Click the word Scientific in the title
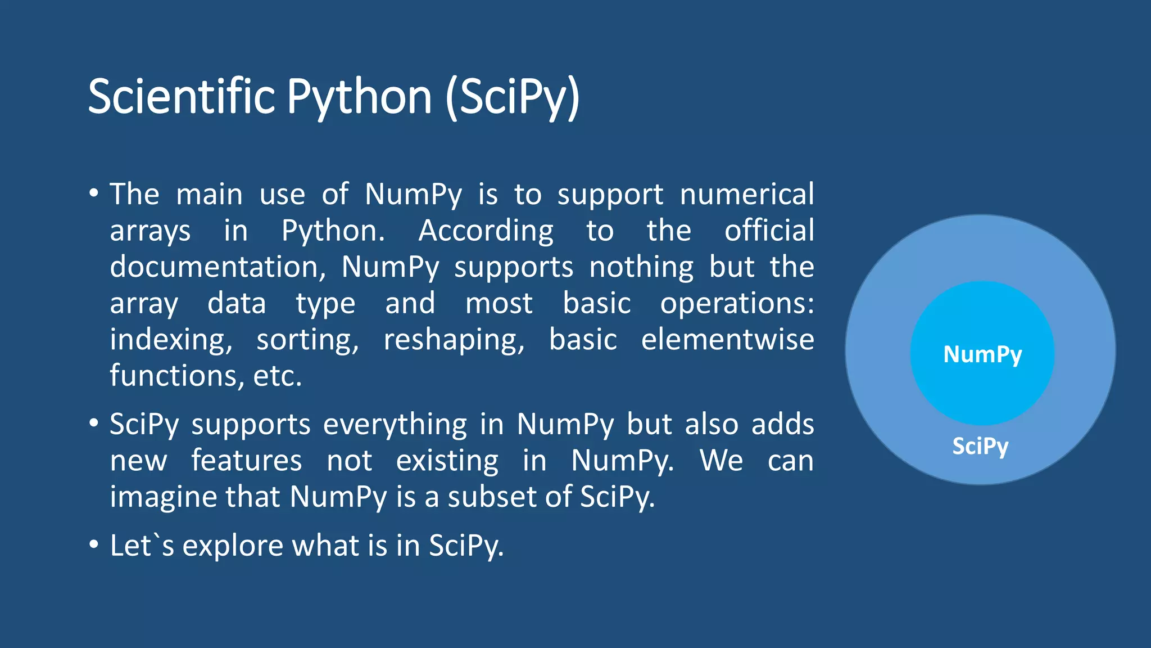(x=181, y=97)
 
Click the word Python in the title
(x=359, y=97)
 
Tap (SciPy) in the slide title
(x=512, y=97)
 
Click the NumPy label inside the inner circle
(x=982, y=354)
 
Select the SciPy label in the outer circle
(x=980, y=446)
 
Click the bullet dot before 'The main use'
(x=94, y=194)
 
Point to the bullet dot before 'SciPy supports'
(x=94, y=424)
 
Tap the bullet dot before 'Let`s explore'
(x=94, y=545)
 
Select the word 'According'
(x=486, y=231)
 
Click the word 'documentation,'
(x=217, y=267)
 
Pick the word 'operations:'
(x=736, y=304)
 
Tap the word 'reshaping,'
(x=454, y=340)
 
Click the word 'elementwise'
(x=727, y=340)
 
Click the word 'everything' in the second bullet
(x=395, y=424)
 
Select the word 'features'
(x=246, y=461)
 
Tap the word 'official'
(x=769, y=231)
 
